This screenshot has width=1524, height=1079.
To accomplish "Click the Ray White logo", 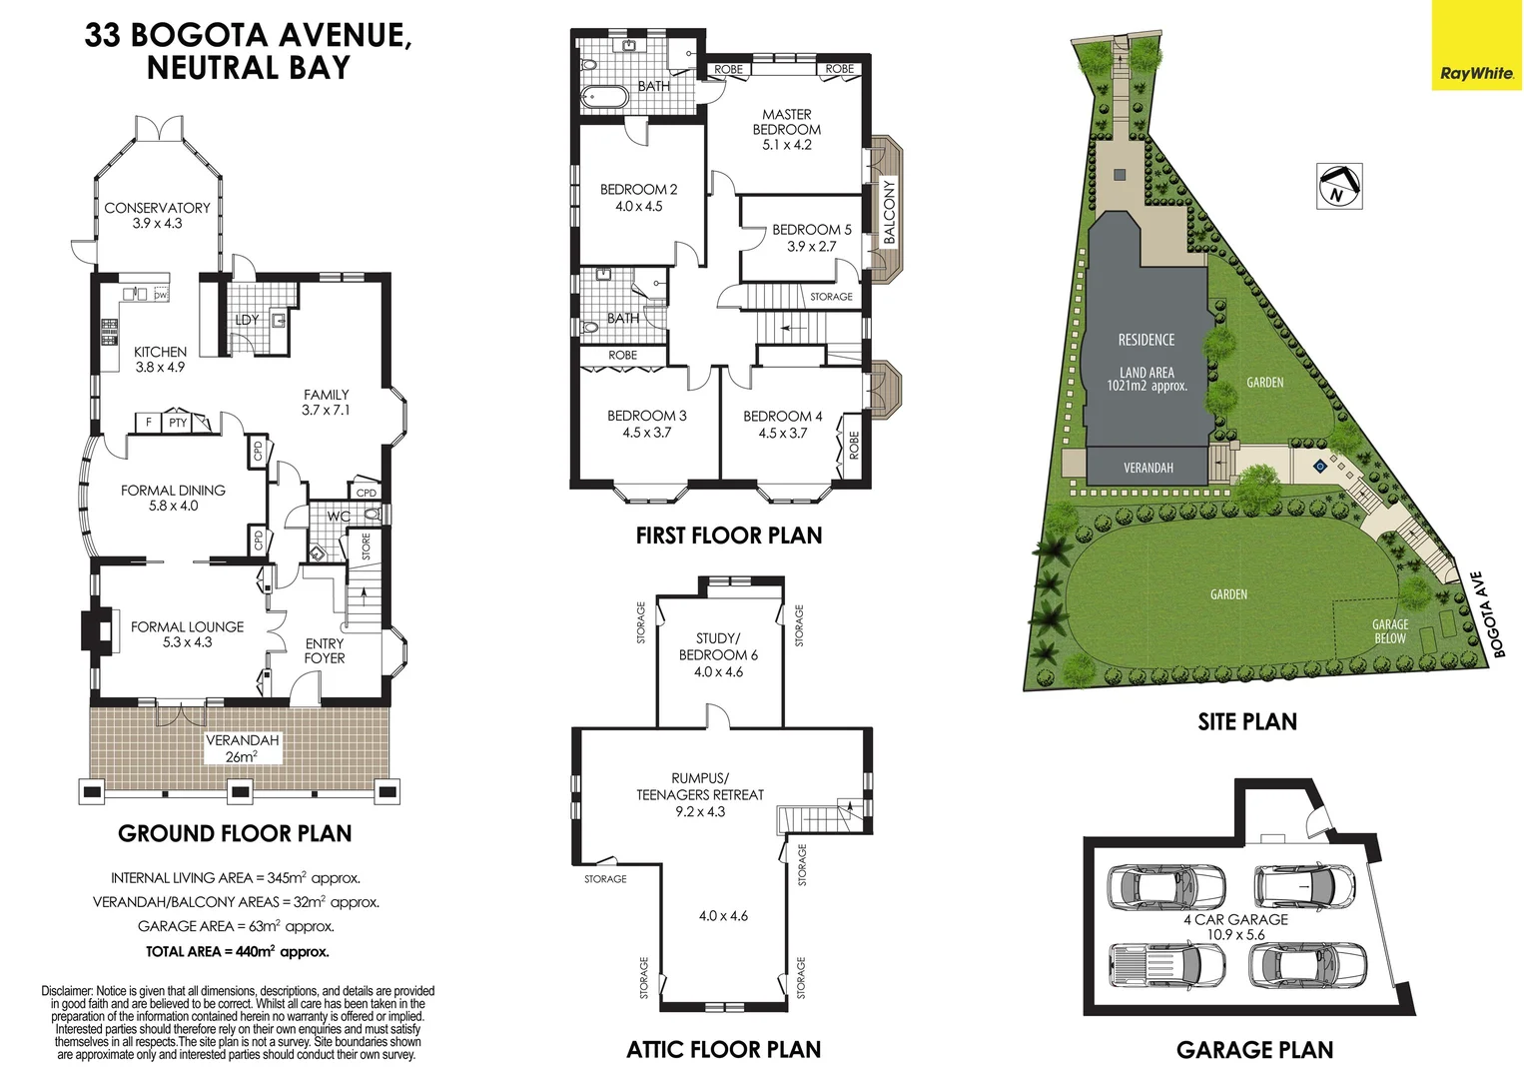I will [1477, 73].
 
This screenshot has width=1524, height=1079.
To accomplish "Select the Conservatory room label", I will [157, 208].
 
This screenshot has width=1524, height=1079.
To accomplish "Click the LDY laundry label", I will [247, 320].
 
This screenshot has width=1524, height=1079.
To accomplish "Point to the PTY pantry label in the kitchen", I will [178, 423].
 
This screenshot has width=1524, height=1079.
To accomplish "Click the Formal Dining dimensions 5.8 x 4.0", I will [174, 506].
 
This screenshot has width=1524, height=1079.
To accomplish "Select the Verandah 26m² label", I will [242, 748].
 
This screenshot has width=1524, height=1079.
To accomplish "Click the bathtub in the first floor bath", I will [605, 98].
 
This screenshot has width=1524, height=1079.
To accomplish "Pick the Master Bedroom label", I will [787, 122].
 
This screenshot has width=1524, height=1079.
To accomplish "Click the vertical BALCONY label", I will [890, 212].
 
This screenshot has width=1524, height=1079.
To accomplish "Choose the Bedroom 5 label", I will [811, 230].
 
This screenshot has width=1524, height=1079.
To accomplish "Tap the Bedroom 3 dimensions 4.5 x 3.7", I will [647, 433].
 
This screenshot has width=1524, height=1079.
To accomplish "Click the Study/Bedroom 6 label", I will [718, 646].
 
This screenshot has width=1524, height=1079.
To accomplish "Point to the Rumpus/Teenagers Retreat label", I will [700, 786].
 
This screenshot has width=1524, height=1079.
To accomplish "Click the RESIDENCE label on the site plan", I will [1146, 340].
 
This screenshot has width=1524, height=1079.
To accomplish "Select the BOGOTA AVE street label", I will [1488, 615].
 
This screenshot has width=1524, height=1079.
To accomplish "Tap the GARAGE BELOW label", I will [1389, 631].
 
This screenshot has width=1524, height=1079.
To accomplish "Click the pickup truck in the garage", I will [1167, 965].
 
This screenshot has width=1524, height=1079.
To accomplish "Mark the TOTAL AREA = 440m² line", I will [238, 952].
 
